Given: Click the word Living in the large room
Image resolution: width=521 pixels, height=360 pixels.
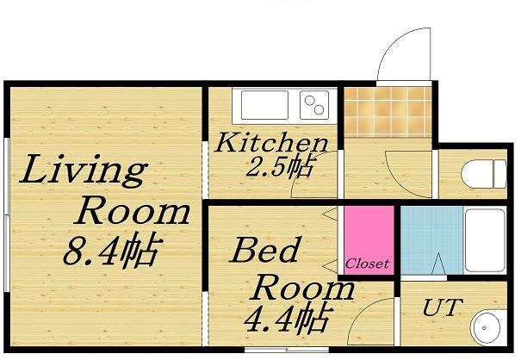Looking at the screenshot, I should [84, 171].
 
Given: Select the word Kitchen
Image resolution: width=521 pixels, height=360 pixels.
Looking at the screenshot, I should [270, 142].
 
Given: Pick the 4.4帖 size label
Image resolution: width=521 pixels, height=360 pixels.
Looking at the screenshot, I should [285, 320].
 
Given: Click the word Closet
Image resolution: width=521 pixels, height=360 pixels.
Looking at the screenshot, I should [368, 263].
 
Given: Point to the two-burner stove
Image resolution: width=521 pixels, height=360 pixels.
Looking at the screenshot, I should [314, 107].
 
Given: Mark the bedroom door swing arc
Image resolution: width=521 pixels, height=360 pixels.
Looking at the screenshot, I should [371, 323].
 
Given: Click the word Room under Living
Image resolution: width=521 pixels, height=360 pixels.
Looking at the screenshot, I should [133, 210].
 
